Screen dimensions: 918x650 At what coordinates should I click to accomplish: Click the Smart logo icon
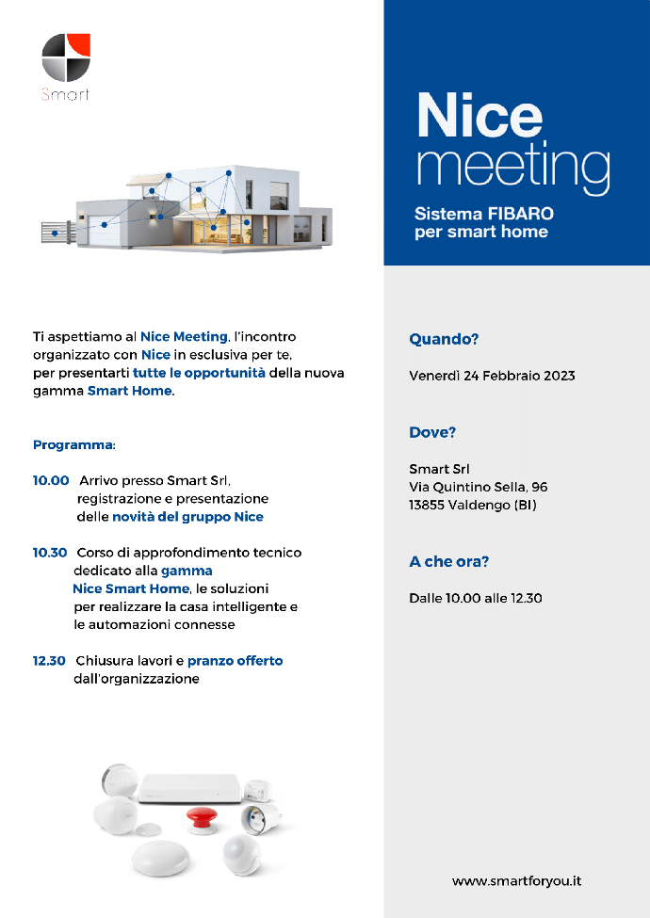click(66, 58)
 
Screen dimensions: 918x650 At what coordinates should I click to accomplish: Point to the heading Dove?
click(432, 433)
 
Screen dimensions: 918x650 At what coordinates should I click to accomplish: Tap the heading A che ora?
click(449, 562)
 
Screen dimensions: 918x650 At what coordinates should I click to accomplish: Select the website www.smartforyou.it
click(516, 881)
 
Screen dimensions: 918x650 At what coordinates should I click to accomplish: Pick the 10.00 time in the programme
click(51, 480)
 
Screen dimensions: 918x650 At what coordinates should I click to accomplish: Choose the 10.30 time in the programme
click(50, 553)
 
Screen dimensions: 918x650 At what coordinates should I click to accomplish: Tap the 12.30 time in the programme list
click(49, 661)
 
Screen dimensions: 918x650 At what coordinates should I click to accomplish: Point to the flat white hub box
click(188, 785)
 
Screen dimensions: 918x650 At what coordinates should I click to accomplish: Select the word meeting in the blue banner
click(512, 167)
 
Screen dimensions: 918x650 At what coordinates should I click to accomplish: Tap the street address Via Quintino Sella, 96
click(478, 487)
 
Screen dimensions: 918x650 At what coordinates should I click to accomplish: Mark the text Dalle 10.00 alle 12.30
click(475, 598)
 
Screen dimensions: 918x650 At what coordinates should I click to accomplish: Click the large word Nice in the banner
click(479, 116)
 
